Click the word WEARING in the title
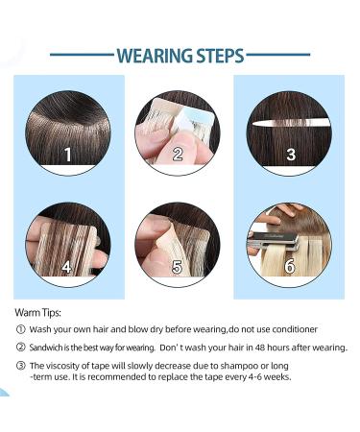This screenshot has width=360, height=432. (x=155, y=56)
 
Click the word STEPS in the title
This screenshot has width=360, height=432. (x=220, y=56)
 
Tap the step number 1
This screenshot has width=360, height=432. (x=68, y=155)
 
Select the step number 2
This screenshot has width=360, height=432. (x=178, y=155)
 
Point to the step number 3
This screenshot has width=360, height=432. (x=291, y=155)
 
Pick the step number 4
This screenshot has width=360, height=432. (x=66, y=267)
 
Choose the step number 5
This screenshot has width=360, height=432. (x=177, y=267)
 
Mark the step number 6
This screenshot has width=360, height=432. (x=289, y=267)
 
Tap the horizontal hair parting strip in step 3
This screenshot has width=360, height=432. (x=291, y=122)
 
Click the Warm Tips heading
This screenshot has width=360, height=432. (x=37, y=312)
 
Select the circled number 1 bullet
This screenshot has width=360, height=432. (x=20, y=329)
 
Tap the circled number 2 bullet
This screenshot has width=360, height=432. (x=20, y=348)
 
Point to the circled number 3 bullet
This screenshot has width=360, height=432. (x=20, y=366)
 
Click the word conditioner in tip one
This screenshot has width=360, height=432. (x=295, y=329)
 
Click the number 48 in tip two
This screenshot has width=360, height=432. (x=261, y=348)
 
